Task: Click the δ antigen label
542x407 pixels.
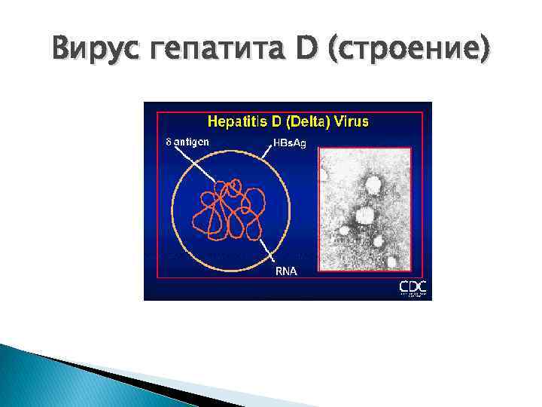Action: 187,141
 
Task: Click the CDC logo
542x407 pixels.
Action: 413,288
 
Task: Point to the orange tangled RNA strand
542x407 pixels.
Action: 230,207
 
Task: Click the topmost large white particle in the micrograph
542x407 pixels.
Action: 371,184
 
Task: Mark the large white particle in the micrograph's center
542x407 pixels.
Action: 364,216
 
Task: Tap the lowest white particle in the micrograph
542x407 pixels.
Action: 391,262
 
